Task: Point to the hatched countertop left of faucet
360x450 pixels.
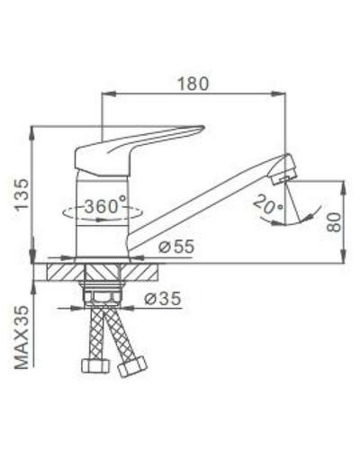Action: (63, 270)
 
